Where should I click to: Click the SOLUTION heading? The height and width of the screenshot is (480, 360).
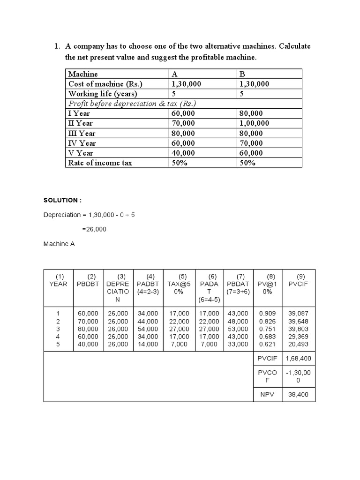pos(62,200)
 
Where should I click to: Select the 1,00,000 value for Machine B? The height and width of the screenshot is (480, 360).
pos(254,123)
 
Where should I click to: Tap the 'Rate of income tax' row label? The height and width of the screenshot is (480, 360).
pos(100,163)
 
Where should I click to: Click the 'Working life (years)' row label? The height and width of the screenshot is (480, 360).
pos(102,94)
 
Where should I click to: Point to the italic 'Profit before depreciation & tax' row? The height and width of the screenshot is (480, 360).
pos(132,104)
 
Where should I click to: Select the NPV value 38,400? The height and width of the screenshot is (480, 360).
pos(299,395)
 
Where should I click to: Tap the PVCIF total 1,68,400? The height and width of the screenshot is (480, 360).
pos(299,359)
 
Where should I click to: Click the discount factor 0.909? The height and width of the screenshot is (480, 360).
pos(267,313)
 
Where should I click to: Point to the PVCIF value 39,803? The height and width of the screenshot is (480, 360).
pos(299,329)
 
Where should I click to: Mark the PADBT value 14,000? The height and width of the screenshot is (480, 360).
pos(148,344)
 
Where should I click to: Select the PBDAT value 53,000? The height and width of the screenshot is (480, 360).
pos(238,329)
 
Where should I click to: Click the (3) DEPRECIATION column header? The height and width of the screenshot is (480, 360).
pos(119,287)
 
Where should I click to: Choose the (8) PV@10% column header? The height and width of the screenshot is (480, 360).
pos(268,284)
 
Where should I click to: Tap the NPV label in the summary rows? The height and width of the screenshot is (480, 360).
pos(267,395)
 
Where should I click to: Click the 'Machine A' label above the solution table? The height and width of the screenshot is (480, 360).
pos(59,244)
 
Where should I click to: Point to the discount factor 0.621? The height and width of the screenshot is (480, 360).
pos(267,344)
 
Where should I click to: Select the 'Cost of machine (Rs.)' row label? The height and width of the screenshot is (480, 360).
pos(105,84)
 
